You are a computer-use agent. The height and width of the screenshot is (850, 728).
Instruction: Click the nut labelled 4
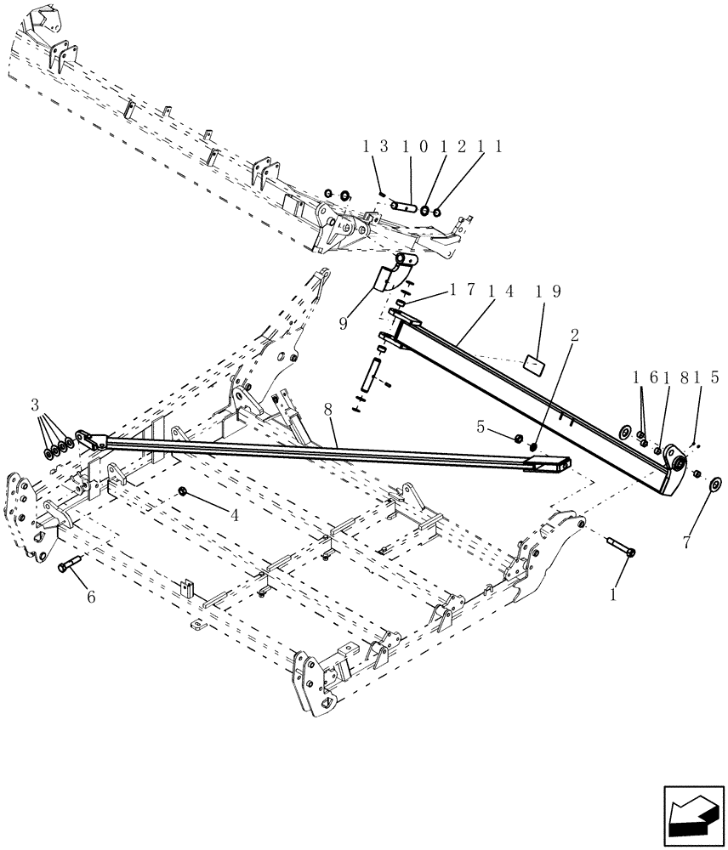click(x=184, y=490)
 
